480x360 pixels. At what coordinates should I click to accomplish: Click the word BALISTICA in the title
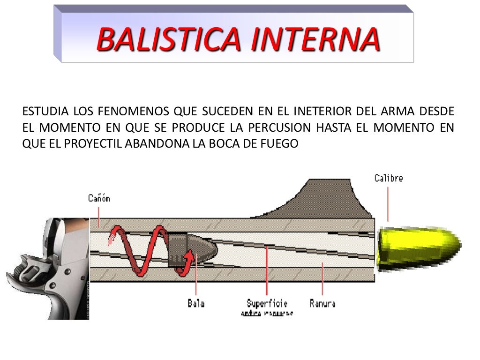[x=169, y=39]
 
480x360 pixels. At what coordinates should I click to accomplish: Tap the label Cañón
[x=99, y=198]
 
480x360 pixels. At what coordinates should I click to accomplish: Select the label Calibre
[x=388, y=178]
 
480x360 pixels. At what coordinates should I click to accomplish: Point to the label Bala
[x=196, y=303]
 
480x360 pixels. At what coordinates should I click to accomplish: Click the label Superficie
[x=267, y=303]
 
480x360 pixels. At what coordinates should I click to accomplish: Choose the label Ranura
[x=322, y=303]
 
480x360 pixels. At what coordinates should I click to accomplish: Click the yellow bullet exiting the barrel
[x=417, y=249]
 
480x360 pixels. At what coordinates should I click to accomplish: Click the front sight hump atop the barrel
[x=323, y=197]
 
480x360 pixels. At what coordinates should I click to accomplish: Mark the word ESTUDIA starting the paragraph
[x=45, y=112]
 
